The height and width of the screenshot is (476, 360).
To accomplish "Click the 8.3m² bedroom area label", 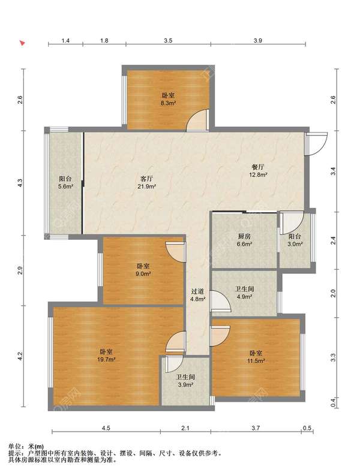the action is [x=169, y=100].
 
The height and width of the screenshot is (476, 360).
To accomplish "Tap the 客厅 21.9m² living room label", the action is [x=147, y=182].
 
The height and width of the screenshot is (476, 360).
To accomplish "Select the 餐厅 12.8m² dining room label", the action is [x=258, y=171].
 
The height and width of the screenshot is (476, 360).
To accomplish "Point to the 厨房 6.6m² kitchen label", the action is [x=244, y=240].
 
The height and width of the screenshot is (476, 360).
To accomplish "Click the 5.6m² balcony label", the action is [x=65, y=182].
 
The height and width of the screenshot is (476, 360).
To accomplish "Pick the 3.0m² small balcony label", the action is [x=295, y=240].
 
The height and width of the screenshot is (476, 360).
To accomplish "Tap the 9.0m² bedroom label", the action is [x=143, y=270].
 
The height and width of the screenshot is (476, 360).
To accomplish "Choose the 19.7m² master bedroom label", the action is [x=106, y=356].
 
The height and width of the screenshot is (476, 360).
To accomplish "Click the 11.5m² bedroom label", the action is [x=256, y=357].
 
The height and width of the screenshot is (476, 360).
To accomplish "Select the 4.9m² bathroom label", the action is [x=244, y=293].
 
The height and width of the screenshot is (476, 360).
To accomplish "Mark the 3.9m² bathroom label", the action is [x=185, y=381].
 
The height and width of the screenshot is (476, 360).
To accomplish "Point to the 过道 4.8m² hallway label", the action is [x=198, y=295].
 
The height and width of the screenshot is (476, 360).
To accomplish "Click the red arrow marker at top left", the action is [x=22, y=43].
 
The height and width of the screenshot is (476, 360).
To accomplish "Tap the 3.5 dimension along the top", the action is [x=168, y=40].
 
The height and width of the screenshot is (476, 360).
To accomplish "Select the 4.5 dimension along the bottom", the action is [x=106, y=428].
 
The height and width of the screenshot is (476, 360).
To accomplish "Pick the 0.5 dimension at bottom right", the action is [x=307, y=428].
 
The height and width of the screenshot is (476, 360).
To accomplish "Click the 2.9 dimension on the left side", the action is [x=20, y=270].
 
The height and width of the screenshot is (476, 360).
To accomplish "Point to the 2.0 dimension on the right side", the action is [x=333, y=293].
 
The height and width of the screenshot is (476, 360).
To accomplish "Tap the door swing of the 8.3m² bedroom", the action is [x=197, y=120].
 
